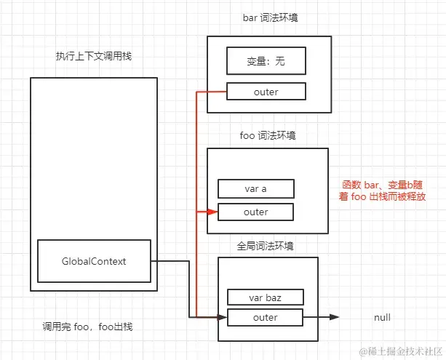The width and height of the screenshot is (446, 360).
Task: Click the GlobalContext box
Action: pos(94,261)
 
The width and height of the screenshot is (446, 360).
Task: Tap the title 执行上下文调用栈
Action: pos(93,56)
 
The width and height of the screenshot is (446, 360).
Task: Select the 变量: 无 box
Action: pos(266,61)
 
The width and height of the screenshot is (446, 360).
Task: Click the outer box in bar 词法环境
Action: pos(266,92)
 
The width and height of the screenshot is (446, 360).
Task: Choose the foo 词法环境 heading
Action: pos(268,136)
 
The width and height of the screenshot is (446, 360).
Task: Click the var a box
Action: pos(255,189)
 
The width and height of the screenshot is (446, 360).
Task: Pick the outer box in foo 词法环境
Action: pos(255,212)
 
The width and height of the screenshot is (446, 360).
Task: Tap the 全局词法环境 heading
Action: pos(267,247)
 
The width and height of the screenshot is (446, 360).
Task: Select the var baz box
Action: pos(265,297)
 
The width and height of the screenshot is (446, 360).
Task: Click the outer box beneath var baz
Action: pos(265,317)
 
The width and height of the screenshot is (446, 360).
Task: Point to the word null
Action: pos(382,318)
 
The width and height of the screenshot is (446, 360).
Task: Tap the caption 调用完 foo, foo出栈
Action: pos(87,327)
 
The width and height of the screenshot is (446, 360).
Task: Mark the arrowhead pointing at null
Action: pos(334,317)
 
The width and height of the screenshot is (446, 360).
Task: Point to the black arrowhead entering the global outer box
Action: pos(222,317)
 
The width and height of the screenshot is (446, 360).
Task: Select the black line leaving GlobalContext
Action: pos(172,261)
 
